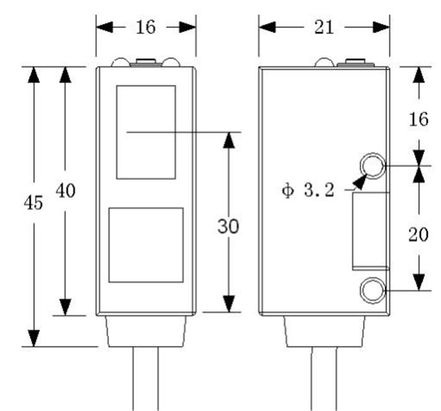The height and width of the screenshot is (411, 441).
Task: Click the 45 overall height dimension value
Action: (x=33, y=203)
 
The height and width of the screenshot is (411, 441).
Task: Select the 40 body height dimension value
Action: (x=66, y=190)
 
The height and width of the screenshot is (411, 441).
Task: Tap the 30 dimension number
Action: (x=229, y=226)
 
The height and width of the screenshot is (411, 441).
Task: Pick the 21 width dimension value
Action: (x=323, y=27)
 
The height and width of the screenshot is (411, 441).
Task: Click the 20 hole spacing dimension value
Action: (x=418, y=234)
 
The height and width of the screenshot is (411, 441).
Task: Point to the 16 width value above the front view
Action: (x=146, y=27)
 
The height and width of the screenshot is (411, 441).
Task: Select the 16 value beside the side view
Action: (x=418, y=119)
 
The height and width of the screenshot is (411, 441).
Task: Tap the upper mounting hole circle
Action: (x=372, y=166)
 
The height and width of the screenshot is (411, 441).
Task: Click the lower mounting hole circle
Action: (x=372, y=291)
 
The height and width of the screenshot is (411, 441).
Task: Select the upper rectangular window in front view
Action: (x=146, y=132)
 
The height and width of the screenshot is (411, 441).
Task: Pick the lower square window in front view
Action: (x=146, y=245)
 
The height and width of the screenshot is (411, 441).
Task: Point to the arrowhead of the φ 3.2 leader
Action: (x=360, y=182)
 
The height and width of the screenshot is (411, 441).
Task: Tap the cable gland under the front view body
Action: (x=146, y=330)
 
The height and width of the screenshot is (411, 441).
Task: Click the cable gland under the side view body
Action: (x=324, y=330)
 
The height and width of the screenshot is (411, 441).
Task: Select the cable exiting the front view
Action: (x=145, y=378)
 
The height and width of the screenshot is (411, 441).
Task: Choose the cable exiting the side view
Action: (x=324, y=378)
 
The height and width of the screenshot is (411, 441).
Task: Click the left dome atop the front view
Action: (x=121, y=62)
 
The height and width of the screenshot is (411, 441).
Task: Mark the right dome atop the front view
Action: (x=171, y=62)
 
